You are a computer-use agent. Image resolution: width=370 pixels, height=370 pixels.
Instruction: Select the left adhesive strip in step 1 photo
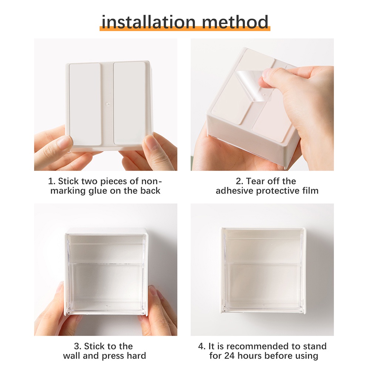pos(85,104)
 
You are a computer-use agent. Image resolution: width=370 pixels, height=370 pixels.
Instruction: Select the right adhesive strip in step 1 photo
pos(129,103)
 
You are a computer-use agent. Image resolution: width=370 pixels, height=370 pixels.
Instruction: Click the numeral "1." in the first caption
pos(51,181)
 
